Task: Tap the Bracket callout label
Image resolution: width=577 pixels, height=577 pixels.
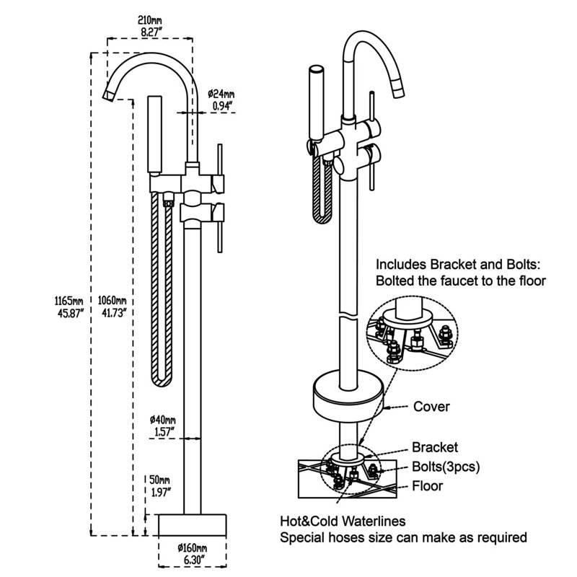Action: (x=434, y=448)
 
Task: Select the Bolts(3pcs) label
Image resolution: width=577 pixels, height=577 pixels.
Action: (x=445, y=467)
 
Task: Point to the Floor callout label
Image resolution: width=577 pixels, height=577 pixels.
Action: (x=427, y=486)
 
